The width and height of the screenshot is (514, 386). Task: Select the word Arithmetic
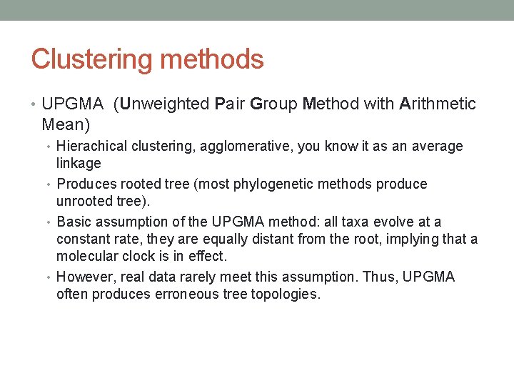438,104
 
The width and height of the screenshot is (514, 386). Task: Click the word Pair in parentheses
230,104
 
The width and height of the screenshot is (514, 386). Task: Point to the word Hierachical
91,147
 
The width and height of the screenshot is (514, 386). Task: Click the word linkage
79,164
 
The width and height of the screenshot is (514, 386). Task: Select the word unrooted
84,202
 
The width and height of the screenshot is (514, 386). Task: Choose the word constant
82,239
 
